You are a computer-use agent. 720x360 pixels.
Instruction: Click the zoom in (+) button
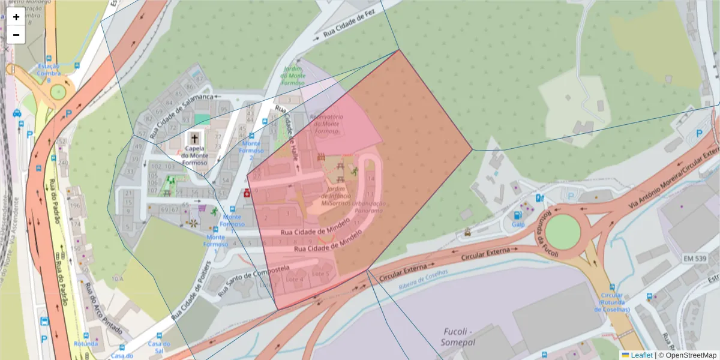click(16, 17)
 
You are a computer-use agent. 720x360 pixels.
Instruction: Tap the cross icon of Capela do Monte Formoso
click(194, 138)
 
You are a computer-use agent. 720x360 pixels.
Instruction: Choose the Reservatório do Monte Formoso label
click(326, 124)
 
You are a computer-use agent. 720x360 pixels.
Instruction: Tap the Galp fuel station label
click(518, 224)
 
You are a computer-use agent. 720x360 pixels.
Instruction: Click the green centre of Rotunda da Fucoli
click(563, 231)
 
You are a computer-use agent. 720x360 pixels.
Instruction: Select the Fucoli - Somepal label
click(458, 336)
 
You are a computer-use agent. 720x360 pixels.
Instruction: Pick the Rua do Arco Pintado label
click(103, 310)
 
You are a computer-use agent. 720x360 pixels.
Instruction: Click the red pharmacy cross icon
click(246, 193)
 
